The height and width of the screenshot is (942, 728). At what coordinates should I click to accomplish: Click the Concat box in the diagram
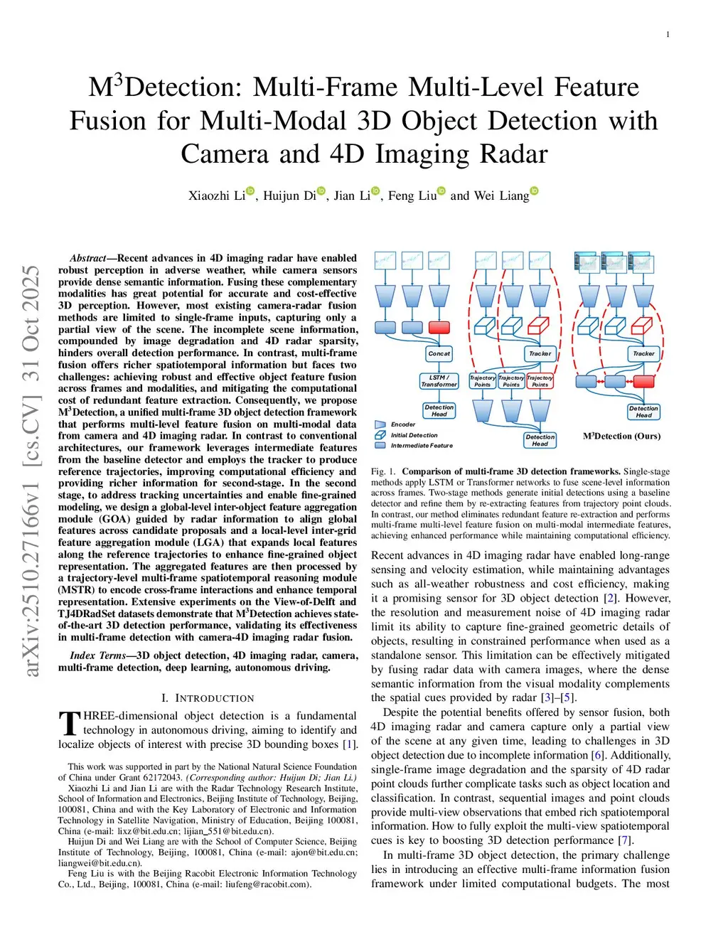pyautogui.click(x=439, y=353)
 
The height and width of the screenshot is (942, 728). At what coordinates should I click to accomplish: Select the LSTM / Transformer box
pyautogui.click(x=439, y=381)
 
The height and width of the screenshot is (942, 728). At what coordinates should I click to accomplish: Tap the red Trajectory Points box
pyautogui.click(x=540, y=381)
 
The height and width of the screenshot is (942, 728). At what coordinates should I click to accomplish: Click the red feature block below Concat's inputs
pyautogui.click(x=439, y=327)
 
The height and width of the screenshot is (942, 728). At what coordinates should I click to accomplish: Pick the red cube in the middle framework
pyautogui.click(x=539, y=325)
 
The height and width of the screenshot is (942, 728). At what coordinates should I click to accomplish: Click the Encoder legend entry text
pyautogui.click(x=403, y=424)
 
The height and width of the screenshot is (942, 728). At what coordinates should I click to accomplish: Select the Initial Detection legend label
pyautogui.click(x=414, y=435)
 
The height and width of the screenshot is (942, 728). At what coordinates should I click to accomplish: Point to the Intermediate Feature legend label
pyautogui.click(x=422, y=446)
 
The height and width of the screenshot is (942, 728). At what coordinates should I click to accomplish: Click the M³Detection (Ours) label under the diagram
pyautogui.click(x=622, y=436)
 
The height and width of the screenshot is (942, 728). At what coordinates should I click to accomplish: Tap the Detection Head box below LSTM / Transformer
pyautogui.click(x=439, y=410)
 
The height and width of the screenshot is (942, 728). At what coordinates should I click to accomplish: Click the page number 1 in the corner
pyautogui.click(x=668, y=35)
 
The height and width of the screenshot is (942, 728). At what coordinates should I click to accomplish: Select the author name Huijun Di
pyautogui.click(x=289, y=196)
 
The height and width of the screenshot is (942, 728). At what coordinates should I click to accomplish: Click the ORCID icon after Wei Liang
pyautogui.click(x=535, y=191)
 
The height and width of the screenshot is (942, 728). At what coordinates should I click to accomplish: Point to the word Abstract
pyautogui.click(x=88, y=258)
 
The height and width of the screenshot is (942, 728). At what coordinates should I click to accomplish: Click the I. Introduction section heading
pyautogui.click(x=208, y=698)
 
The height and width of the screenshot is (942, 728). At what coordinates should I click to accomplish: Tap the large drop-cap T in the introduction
pyautogui.click(x=70, y=723)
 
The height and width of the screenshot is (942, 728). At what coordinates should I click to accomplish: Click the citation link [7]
pyautogui.click(x=624, y=840)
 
